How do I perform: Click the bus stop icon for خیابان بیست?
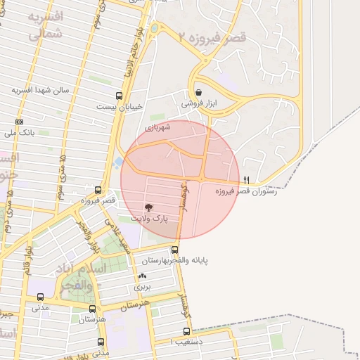[118, 96]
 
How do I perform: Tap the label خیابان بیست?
[123, 107]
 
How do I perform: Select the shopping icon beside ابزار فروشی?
[199, 92]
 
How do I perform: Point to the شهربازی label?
[158, 128]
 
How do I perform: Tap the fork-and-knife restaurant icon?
[245, 181]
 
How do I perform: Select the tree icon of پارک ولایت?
[148, 207]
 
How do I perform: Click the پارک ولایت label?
[152, 219]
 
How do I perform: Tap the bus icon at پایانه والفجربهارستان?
[175, 250]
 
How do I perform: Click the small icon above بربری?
[143, 276]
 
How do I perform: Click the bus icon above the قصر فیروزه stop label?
[98, 190]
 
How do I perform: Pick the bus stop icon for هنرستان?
[92, 309]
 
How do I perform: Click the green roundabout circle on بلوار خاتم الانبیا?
[154, 28]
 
